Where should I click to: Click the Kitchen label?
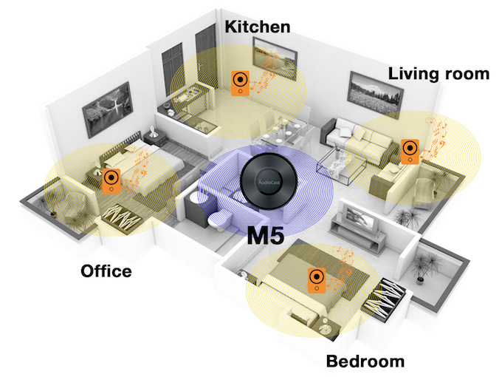(258, 27)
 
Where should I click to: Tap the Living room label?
(439, 74)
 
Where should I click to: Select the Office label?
(106, 271)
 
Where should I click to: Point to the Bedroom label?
(365, 361)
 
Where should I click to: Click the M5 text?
(266, 236)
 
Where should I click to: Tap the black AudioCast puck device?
(268, 181)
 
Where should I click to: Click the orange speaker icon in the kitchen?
(240, 83)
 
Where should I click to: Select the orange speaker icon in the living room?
(410, 152)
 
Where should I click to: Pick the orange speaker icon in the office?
(111, 181)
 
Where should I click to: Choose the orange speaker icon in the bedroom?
(317, 280)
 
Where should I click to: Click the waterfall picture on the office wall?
(108, 109)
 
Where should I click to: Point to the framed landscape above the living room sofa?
(375, 93)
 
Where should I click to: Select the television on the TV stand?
(361, 218)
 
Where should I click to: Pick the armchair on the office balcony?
(75, 209)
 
